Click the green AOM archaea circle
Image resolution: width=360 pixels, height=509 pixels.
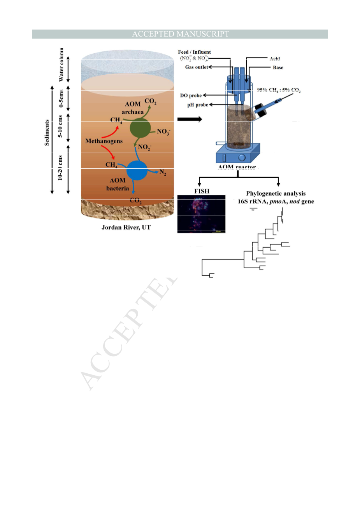(140, 128)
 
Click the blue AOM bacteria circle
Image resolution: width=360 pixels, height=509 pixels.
(137, 171)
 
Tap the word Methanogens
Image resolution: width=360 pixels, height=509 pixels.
(104, 141)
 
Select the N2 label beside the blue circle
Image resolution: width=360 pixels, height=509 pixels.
(163, 172)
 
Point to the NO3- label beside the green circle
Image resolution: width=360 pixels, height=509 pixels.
(163, 132)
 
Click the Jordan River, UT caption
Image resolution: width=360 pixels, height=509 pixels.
(126, 227)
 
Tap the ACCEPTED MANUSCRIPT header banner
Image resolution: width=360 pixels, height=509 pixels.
(180, 34)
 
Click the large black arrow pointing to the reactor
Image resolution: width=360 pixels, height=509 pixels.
(190, 119)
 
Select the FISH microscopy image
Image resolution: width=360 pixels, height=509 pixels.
(201, 214)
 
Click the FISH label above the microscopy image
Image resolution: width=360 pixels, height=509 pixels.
(202, 191)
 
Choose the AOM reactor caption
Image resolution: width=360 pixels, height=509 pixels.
(237, 167)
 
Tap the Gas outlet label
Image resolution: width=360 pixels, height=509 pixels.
(197, 67)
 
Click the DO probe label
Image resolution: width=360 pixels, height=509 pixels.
(191, 96)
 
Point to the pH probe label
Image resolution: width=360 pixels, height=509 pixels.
(197, 105)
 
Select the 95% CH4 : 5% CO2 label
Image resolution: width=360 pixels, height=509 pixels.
(279, 90)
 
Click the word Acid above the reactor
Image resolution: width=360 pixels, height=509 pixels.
(275, 59)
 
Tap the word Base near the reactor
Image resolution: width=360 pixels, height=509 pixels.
(278, 68)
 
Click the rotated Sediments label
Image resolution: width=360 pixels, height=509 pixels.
(47, 133)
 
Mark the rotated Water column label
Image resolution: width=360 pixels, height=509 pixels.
(61, 65)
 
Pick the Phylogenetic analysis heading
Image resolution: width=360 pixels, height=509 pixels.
(276, 194)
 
